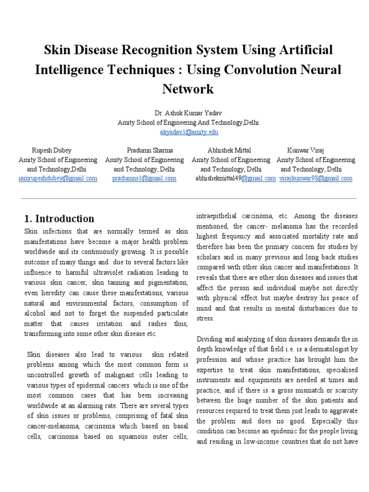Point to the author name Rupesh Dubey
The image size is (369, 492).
click(x=51, y=150)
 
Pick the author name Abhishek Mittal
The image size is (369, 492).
click(x=229, y=150)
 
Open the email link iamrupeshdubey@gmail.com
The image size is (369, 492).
click(x=58, y=178)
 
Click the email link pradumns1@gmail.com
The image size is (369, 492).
click(x=144, y=178)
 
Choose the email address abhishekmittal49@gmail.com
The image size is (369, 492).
click(x=235, y=178)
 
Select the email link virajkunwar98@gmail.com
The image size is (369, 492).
click(x=316, y=178)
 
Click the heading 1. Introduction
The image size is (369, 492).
click(x=59, y=219)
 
